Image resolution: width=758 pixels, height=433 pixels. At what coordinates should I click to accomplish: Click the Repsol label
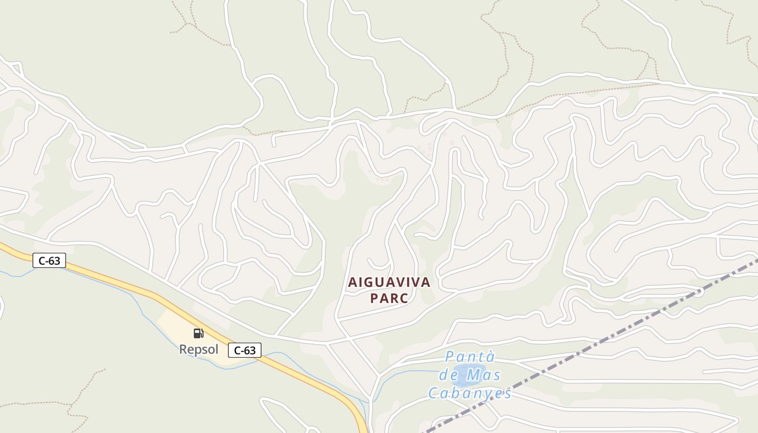[x=198, y=350]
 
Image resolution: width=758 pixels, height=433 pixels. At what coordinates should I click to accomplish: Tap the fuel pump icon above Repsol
[x=199, y=333]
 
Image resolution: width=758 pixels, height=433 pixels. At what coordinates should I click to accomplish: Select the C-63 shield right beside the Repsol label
[x=245, y=350]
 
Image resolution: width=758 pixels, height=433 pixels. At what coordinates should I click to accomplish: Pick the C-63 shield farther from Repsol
[x=49, y=260]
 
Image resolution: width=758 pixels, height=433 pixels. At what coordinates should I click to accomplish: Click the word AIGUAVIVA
[x=389, y=283]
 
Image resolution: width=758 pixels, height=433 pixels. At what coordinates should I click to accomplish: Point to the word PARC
[x=389, y=298]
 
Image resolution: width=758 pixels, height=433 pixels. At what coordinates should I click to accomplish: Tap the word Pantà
[x=470, y=356]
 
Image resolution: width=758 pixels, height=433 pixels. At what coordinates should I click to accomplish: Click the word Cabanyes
[x=470, y=393]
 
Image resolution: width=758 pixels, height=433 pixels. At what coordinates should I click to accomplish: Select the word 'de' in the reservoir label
[x=449, y=375]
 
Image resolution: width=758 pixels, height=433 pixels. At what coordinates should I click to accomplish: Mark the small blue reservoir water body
[x=465, y=375]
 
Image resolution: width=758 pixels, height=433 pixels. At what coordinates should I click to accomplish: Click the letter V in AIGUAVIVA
[x=400, y=283]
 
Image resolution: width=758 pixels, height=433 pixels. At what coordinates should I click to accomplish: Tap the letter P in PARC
[x=374, y=298]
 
